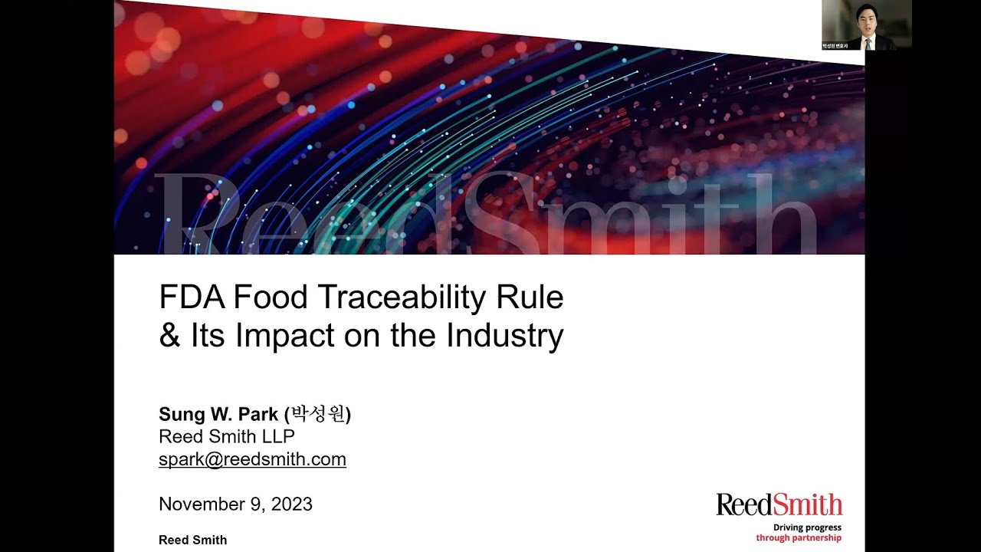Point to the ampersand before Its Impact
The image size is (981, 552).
pos(169,336)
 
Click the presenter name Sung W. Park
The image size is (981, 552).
pos(218,415)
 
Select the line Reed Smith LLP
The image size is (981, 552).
pos(226,436)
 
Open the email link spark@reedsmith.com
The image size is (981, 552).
pos(252,459)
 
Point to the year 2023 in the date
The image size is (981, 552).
pos(292,504)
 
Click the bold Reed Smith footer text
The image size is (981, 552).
pos(192,540)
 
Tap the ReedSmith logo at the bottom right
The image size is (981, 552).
pos(779,504)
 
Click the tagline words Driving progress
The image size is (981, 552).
pos(807,527)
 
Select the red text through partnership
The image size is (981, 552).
pos(799,538)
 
